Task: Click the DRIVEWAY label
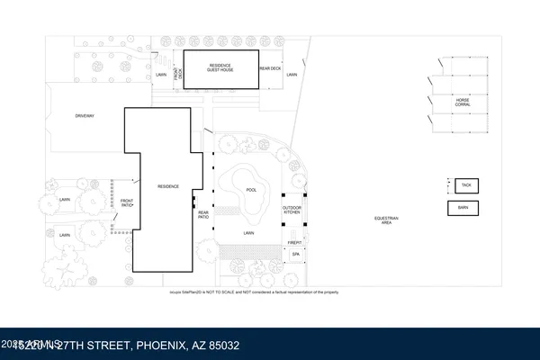point(85,116)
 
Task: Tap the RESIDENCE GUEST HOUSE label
point(220,67)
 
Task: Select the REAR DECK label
point(271,68)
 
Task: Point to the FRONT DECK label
point(179,78)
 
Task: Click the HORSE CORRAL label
point(463,102)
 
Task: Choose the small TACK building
point(465,184)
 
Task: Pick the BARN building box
point(464,207)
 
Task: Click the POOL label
point(251,189)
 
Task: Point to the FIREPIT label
point(293,242)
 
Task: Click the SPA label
point(294,254)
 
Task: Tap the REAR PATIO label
point(203,215)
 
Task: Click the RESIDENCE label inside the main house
point(168,186)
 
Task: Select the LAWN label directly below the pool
point(248,233)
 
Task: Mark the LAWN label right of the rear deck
point(292,75)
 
